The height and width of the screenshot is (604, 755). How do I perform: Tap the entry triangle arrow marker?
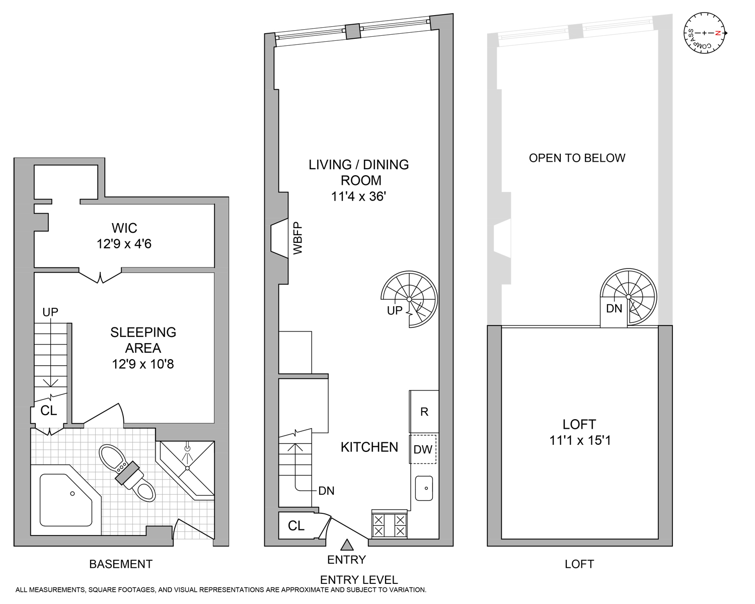coord(346,545)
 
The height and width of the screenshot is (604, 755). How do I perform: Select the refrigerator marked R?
coord(424,412)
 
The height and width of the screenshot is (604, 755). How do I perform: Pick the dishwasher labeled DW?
coord(423,449)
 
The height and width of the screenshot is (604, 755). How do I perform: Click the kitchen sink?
coord(424,488)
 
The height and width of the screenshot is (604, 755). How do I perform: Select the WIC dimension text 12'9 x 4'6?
coord(124,244)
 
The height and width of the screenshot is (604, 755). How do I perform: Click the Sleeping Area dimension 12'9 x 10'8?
coord(143,364)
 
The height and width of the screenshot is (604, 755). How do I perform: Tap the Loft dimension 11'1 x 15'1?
coord(580,440)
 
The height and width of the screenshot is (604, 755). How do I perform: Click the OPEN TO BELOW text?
coord(577,158)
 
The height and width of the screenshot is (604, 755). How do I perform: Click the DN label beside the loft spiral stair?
coord(614,309)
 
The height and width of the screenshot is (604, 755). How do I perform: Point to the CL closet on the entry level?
coord(296,526)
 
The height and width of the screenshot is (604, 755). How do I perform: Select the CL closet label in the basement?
coord(49,411)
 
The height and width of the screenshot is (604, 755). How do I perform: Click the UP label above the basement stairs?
coord(50,312)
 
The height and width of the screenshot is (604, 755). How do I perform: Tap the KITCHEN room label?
coord(369,447)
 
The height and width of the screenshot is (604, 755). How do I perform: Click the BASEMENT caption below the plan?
coord(121,564)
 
